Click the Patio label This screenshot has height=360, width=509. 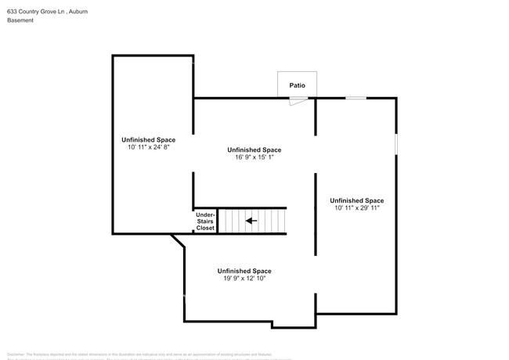click(x=297, y=85)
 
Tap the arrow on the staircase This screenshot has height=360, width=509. click(x=251, y=221)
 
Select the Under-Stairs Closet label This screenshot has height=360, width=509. click(x=204, y=221)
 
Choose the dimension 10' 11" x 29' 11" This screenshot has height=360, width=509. click(x=356, y=208)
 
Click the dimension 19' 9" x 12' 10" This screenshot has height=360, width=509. click(x=244, y=279)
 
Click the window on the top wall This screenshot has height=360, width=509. click(x=356, y=98)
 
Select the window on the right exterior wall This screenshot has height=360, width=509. click(x=396, y=144)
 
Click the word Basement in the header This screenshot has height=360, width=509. click(x=21, y=20)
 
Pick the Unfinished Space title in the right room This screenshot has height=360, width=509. click(x=356, y=200)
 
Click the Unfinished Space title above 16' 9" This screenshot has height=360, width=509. click(x=254, y=149)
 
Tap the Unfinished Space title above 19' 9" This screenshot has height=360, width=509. click(x=244, y=271)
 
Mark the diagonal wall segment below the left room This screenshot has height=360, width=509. click(x=179, y=242)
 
